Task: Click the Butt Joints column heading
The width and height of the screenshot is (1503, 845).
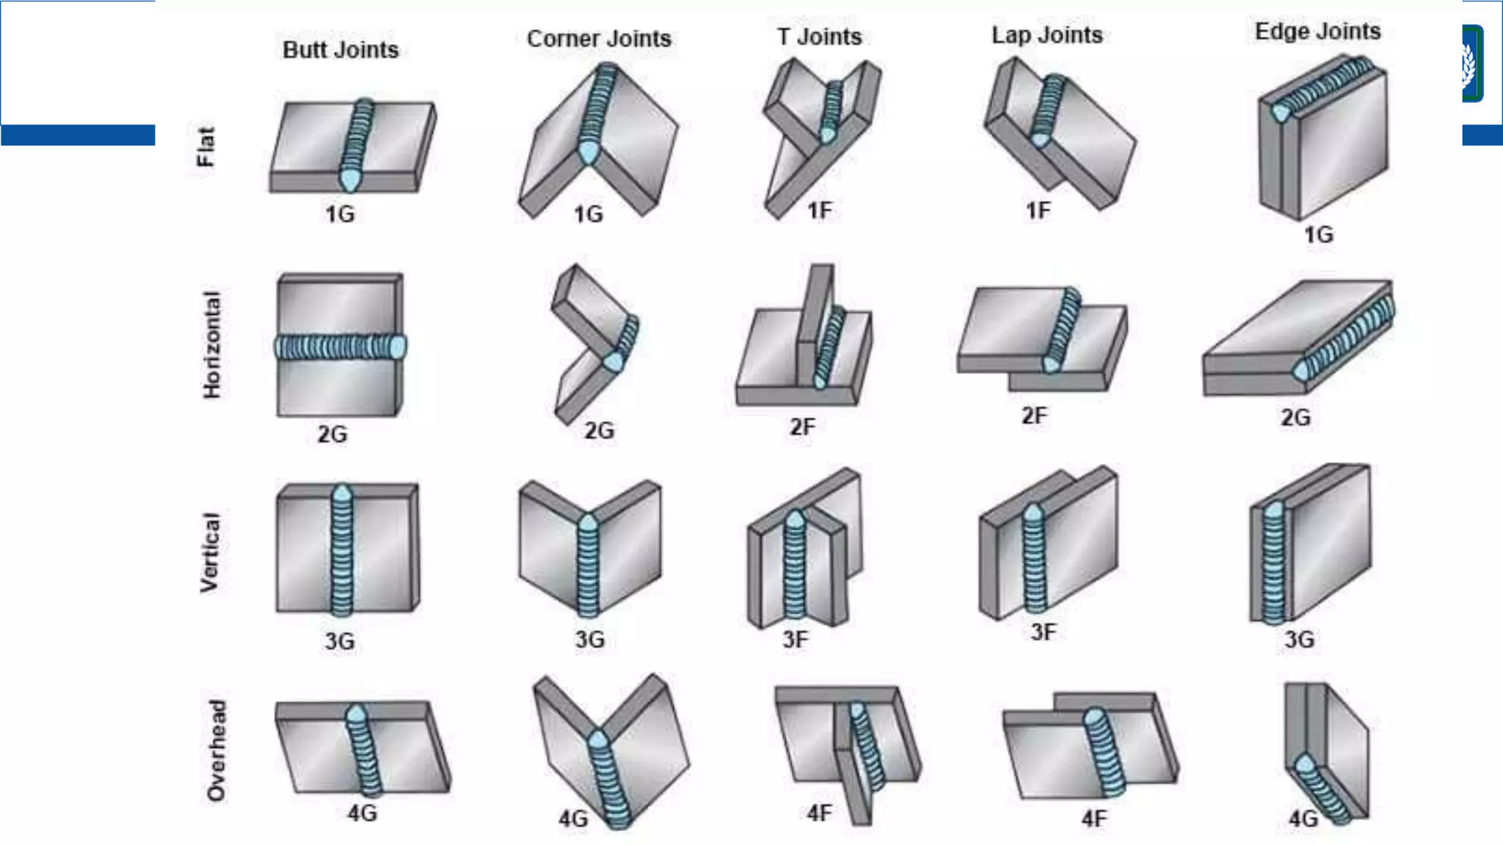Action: (341, 50)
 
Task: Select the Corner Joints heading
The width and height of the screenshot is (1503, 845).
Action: (599, 38)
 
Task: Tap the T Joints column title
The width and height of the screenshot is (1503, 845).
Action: (819, 36)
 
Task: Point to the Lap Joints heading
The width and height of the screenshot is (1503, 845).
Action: (1047, 34)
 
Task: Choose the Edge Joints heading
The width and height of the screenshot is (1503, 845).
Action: (1317, 31)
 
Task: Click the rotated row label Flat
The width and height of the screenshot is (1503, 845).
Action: (207, 147)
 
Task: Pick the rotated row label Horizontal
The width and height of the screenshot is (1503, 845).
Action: (211, 345)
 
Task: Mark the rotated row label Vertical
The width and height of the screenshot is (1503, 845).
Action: (210, 552)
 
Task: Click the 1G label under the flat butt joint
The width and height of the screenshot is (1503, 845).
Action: (340, 214)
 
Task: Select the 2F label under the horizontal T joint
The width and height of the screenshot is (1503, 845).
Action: (802, 427)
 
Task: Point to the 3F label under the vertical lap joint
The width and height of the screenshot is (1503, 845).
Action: (1043, 632)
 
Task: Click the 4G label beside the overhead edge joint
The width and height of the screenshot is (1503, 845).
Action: (1303, 819)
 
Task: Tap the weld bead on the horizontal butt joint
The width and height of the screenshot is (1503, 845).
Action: (340, 346)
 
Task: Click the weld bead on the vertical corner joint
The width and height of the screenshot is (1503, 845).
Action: (588, 565)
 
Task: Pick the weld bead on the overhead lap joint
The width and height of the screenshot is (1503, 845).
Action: (1104, 752)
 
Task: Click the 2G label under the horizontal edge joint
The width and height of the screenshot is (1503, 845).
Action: (1295, 417)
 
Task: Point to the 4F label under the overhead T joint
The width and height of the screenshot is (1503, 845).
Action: (819, 813)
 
